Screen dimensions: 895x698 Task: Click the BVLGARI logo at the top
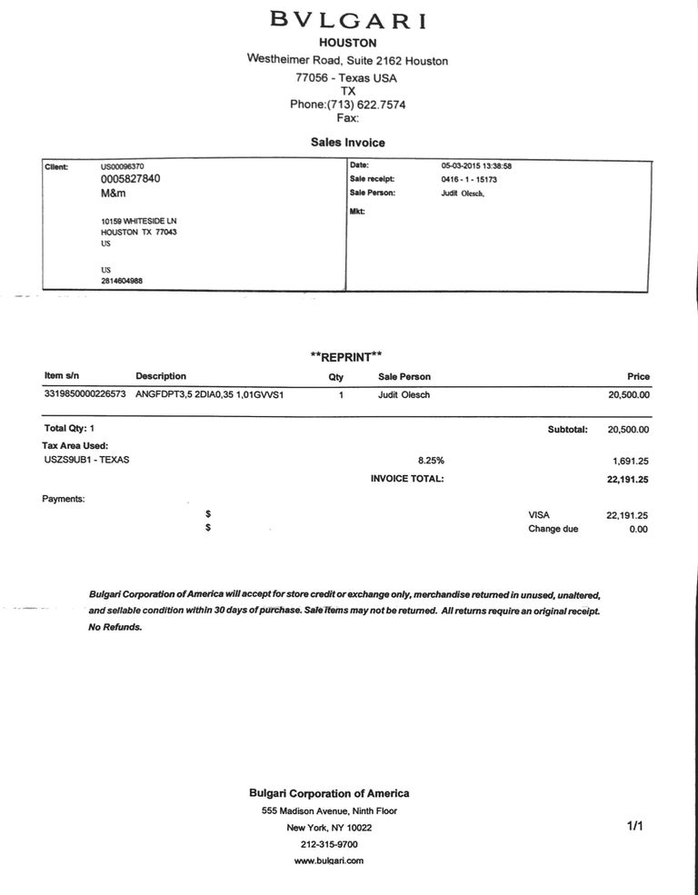click(x=348, y=20)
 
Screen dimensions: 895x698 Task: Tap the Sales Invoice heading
click(x=348, y=143)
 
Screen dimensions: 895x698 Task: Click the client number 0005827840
click(x=131, y=179)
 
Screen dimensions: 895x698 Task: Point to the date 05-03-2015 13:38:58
click(x=476, y=166)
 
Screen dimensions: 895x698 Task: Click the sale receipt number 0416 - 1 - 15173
click(x=469, y=179)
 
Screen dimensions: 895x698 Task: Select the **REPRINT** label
click(x=346, y=357)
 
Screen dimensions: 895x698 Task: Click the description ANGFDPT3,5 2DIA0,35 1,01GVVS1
click(x=210, y=395)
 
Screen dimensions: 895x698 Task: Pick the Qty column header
click(x=335, y=377)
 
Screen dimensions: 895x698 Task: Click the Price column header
click(x=639, y=376)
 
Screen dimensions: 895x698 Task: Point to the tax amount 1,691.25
click(x=630, y=461)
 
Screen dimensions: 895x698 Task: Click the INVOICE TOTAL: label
click(x=407, y=479)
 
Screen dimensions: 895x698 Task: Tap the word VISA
click(x=539, y=514)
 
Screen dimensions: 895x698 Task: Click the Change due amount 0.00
click(x=638, y=529)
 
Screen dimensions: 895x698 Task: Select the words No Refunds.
click(x=115, y=627)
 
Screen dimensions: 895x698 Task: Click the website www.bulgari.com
click(x=329, y=860)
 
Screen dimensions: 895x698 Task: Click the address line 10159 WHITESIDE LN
click(x=139, y=220)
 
